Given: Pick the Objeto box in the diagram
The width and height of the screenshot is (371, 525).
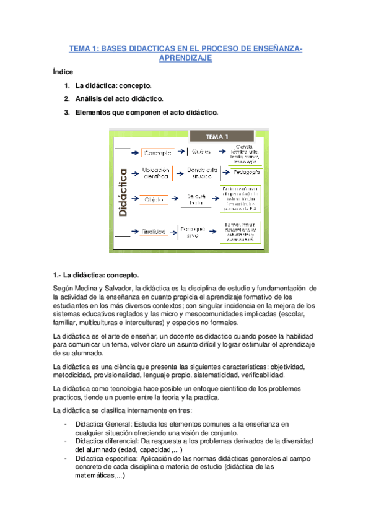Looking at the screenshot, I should [x=155, y=199].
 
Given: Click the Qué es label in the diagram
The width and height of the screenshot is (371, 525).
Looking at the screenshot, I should [x=202, y=152].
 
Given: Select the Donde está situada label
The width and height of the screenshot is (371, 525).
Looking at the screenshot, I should [x=203, y=175].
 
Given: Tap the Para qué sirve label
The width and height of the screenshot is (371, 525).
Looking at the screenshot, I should [x=193, y=230].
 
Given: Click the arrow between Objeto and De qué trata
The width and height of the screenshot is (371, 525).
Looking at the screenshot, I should [x=176, y=199].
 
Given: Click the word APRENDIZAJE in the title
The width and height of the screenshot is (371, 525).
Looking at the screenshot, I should [x=186, y=58].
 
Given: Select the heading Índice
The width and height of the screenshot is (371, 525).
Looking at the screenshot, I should [x=63, y=72].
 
